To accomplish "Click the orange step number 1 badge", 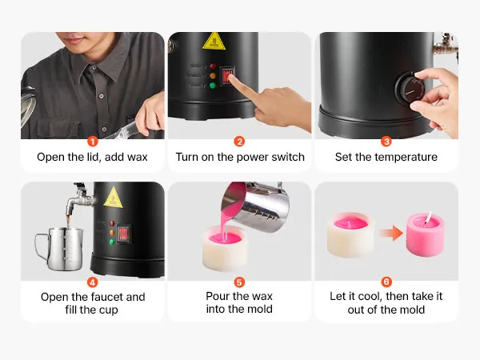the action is point(93,142).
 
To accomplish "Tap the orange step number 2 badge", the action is point(239,142).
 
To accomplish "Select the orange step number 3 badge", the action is point(386,142).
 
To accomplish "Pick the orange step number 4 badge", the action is point(93,282).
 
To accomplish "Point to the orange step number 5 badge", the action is point(239,282).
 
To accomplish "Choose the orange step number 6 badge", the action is point(386,282).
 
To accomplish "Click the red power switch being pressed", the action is point(227,76).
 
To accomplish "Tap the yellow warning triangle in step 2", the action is point(214,42).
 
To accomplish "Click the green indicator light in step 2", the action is point(213,86).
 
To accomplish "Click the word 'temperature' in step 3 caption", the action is point(406,157).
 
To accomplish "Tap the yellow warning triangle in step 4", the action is point(114,198).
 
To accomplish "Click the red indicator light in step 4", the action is point(112,223).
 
